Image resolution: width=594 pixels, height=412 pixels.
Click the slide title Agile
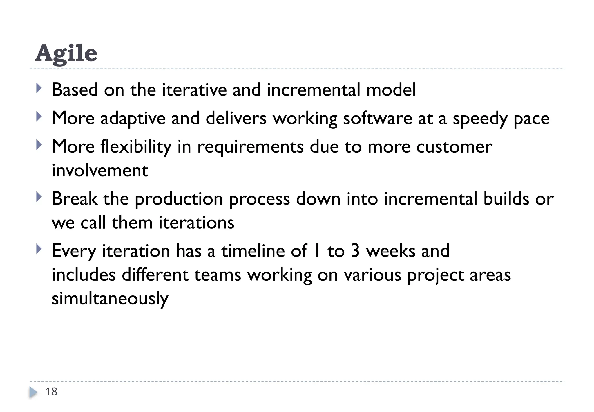66,53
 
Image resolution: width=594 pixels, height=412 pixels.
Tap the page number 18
51,392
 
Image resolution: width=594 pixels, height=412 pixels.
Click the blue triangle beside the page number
33,392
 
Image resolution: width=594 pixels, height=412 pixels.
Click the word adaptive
133,119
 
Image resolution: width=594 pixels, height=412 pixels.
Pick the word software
377,119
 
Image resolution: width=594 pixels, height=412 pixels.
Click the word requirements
250,147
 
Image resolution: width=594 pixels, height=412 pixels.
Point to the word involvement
100,171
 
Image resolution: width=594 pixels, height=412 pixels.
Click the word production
179,199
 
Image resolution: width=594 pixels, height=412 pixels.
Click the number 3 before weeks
355,251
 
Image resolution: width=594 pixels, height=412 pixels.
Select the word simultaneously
110,299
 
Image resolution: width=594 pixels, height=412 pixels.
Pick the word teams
218,275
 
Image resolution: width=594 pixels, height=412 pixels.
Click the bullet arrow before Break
39,198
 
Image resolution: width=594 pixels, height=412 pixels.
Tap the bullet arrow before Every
39,249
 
